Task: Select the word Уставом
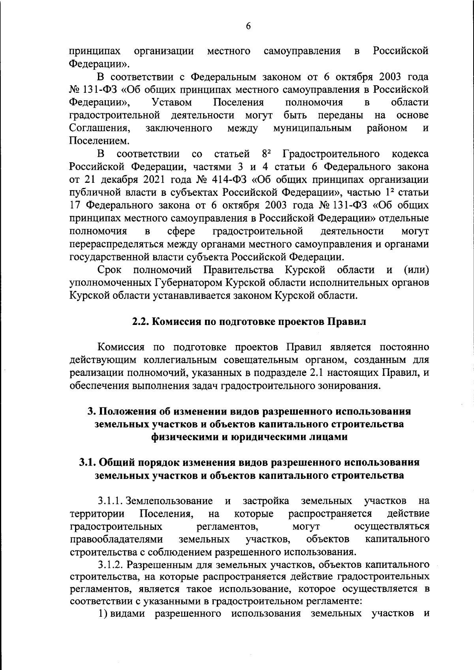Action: tap(172, 102)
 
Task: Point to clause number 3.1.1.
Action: tap(110, 501)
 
